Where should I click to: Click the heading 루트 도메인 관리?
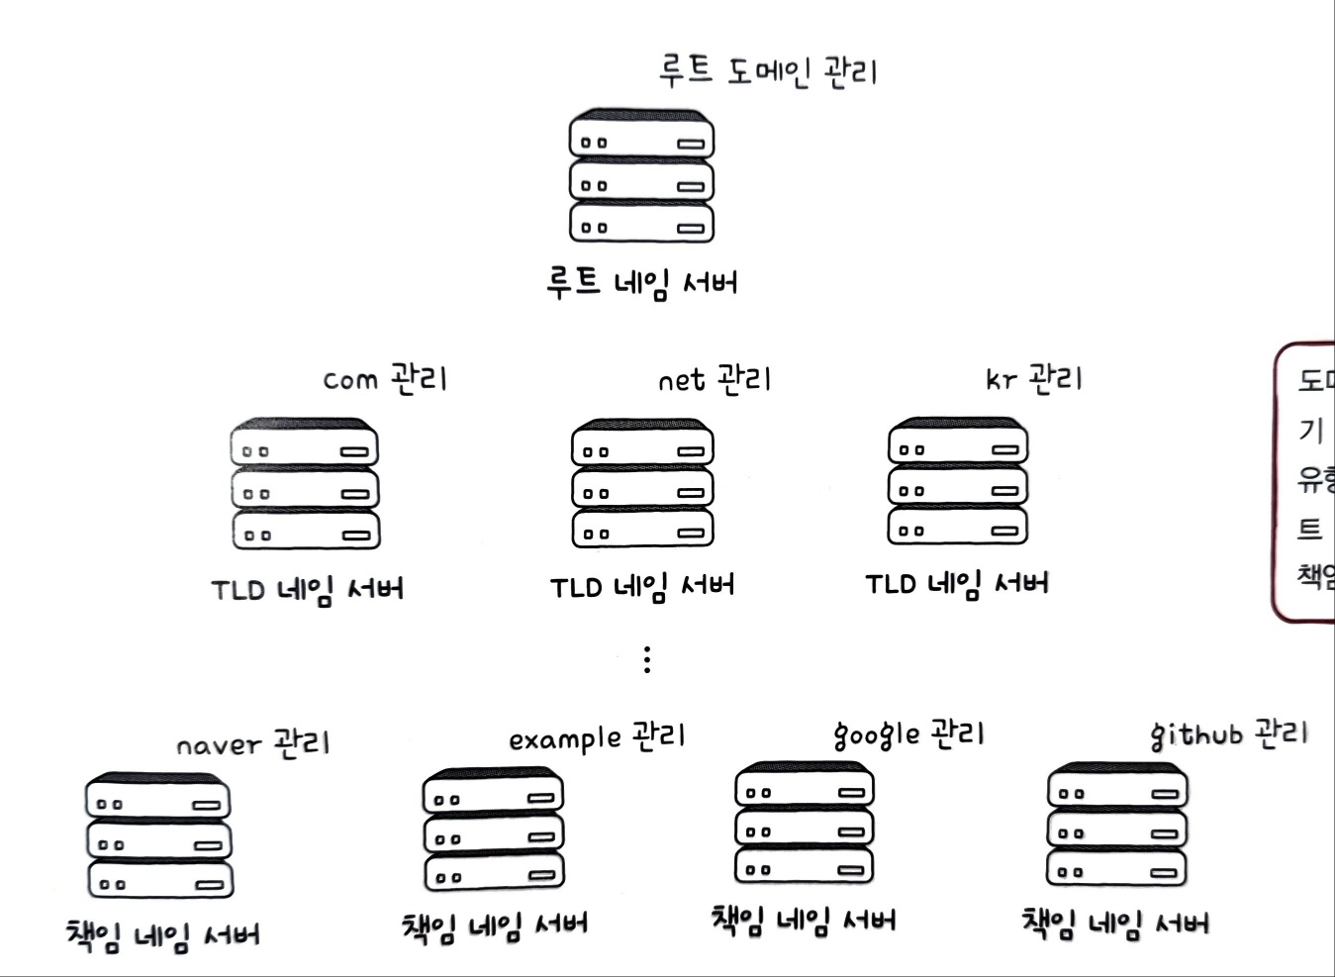tap(768, 71)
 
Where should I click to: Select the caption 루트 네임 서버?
tap(641, 282)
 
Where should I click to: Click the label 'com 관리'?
tap(385, 378)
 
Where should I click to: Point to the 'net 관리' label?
tap(714, 379)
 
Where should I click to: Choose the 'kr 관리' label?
tap(1034, 378)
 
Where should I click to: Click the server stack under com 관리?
tap(305, 485)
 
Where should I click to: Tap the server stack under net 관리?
tap(642, 484)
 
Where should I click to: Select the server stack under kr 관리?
tap(958, 482)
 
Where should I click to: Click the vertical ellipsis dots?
tap(646, 659)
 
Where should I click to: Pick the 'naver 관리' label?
tap(252, 743)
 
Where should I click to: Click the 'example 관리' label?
tap(597, 737)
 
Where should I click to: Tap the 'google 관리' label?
tap(908, 734)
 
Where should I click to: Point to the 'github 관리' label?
tap(1228, 734)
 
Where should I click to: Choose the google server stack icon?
tap(805, 825)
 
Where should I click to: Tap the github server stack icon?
tap(1117, 827)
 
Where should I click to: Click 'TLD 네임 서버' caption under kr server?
tap(957, 584)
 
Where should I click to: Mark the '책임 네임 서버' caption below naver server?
tap(163, 935)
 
